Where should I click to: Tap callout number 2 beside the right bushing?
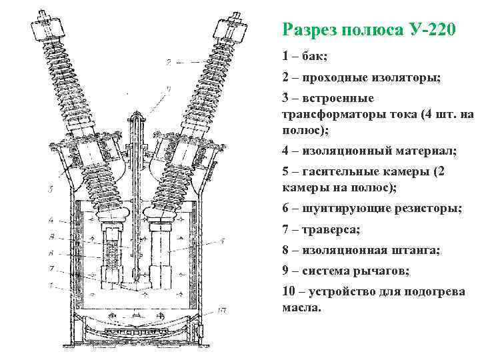point(170,63)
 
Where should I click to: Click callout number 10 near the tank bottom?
point(223,310)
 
